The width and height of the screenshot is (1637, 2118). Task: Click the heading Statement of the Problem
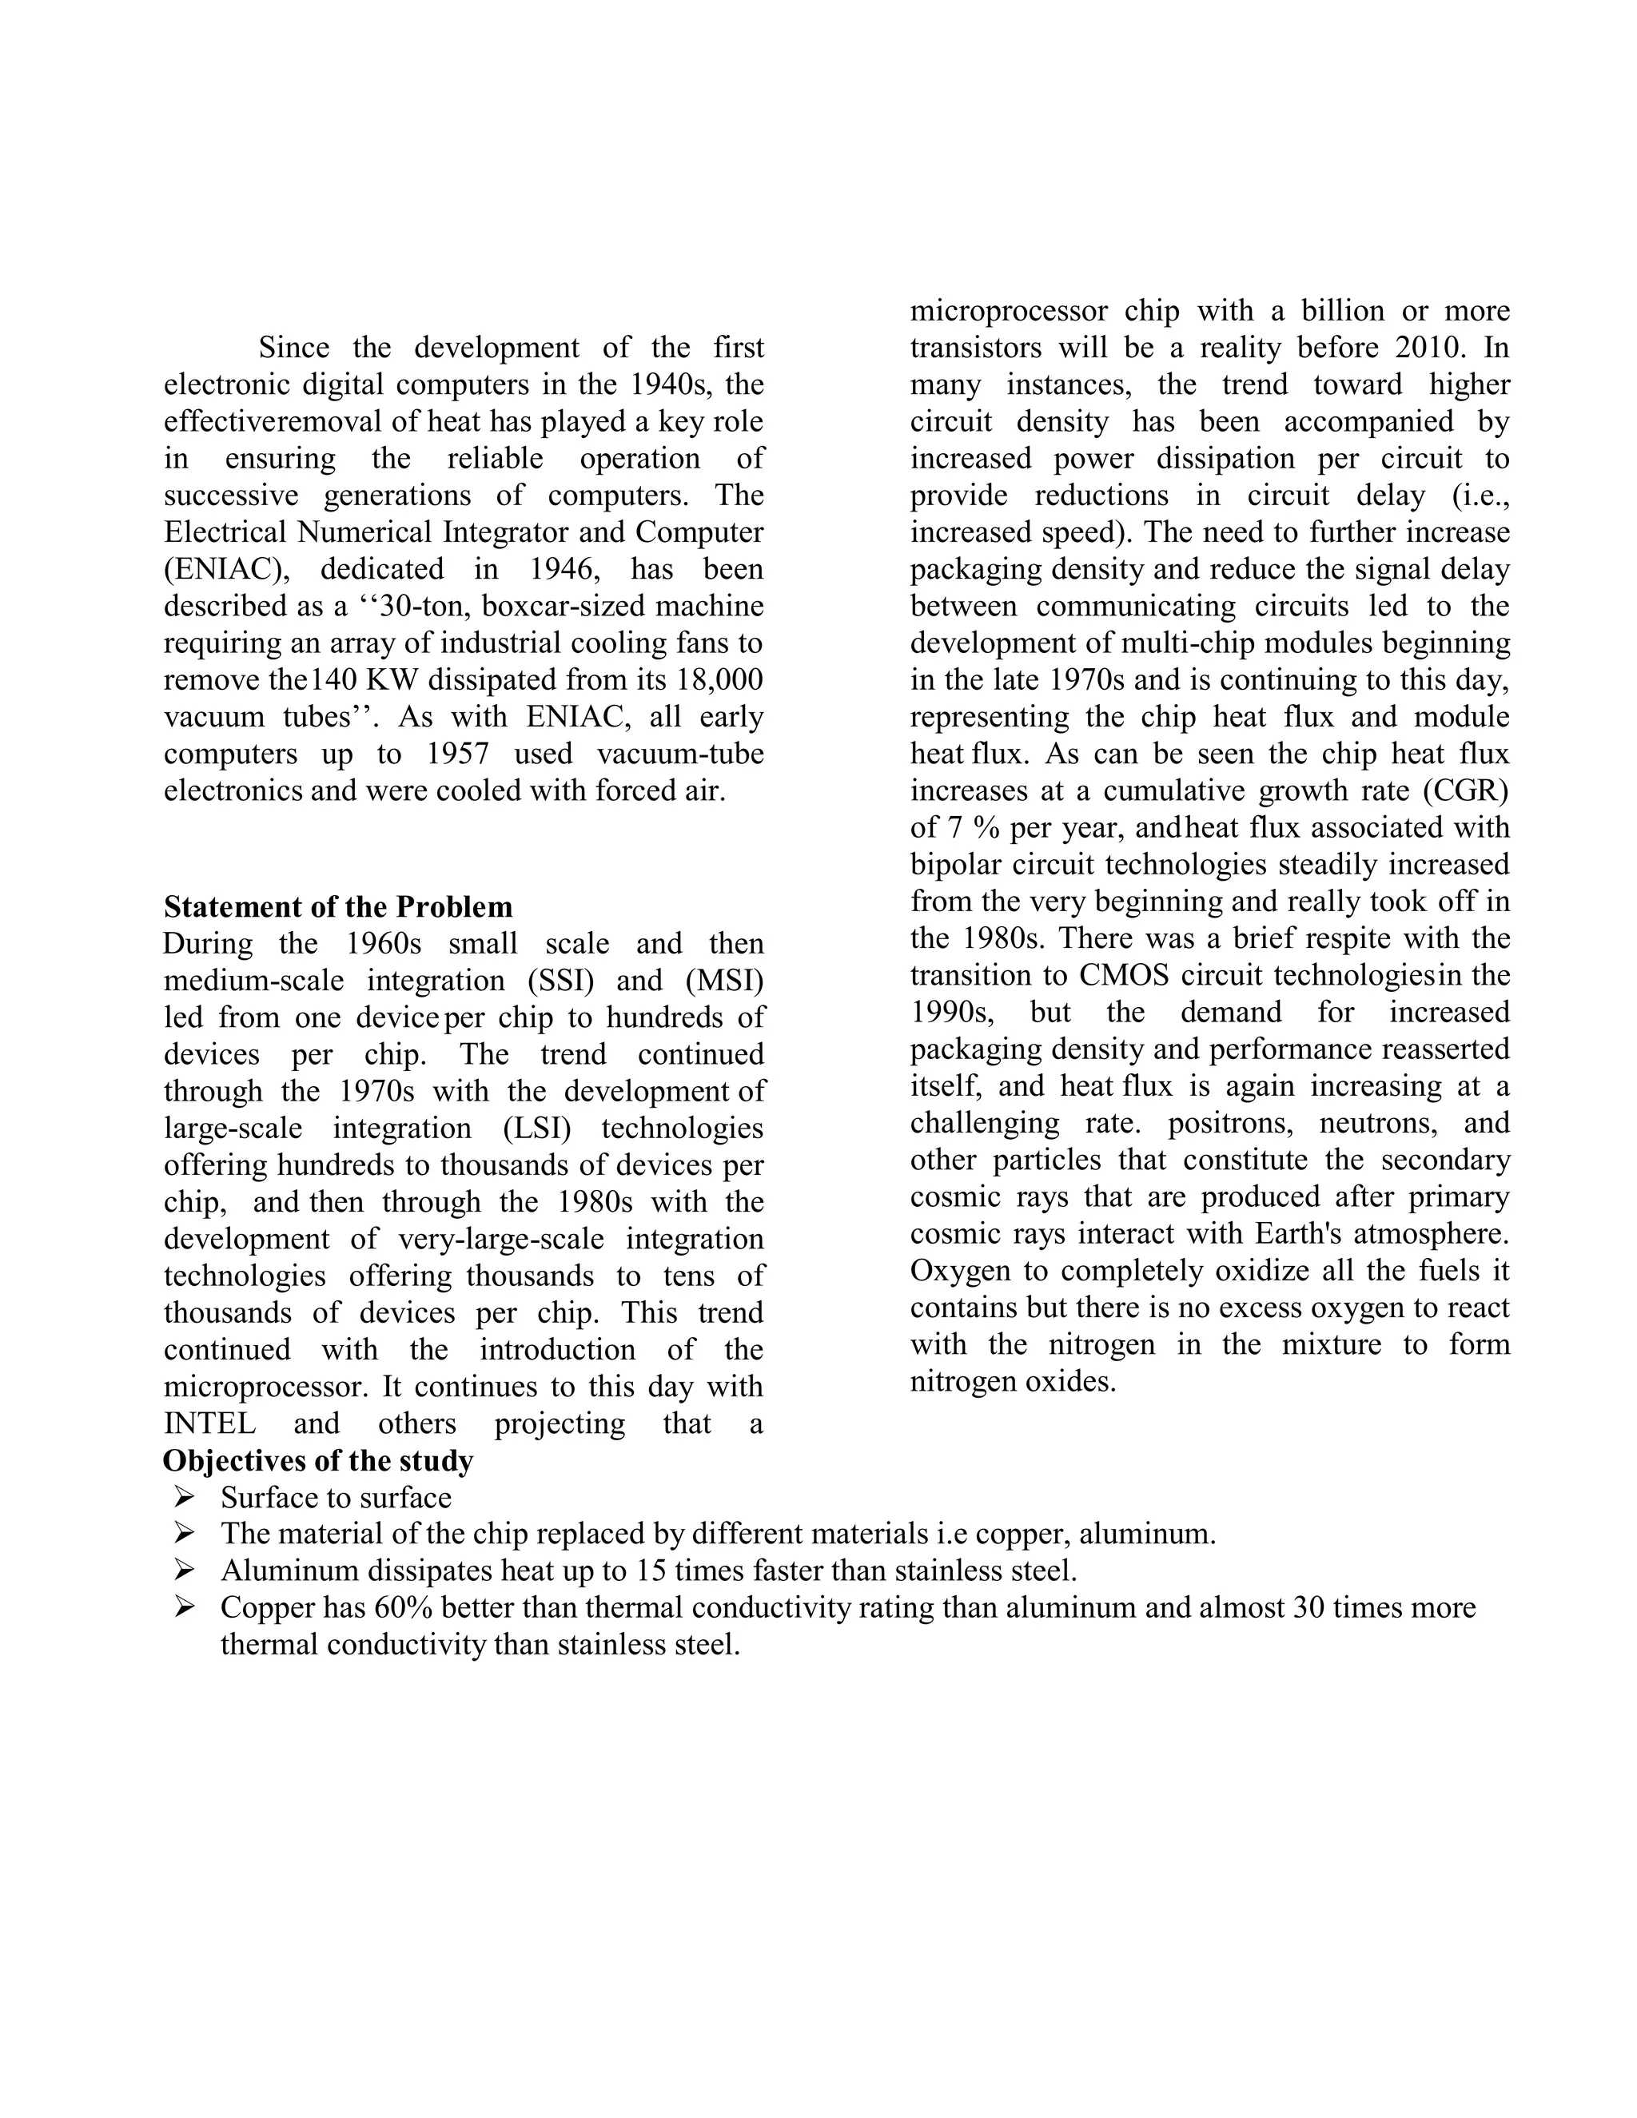(337, 907)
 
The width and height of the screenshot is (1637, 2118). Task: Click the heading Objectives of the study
(318, 1460)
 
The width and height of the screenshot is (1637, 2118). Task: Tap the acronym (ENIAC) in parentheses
(227, 569)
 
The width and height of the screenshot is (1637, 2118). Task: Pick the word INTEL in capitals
(209, 1423)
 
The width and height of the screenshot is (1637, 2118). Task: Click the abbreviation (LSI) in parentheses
(537, 1128)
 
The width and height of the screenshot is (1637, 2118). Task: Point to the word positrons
(1229, 1123)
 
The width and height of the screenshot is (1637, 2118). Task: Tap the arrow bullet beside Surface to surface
(185, 1497)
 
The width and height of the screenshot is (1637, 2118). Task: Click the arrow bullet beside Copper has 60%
(185, 1608)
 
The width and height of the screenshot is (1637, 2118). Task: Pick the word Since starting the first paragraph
(293, 348)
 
